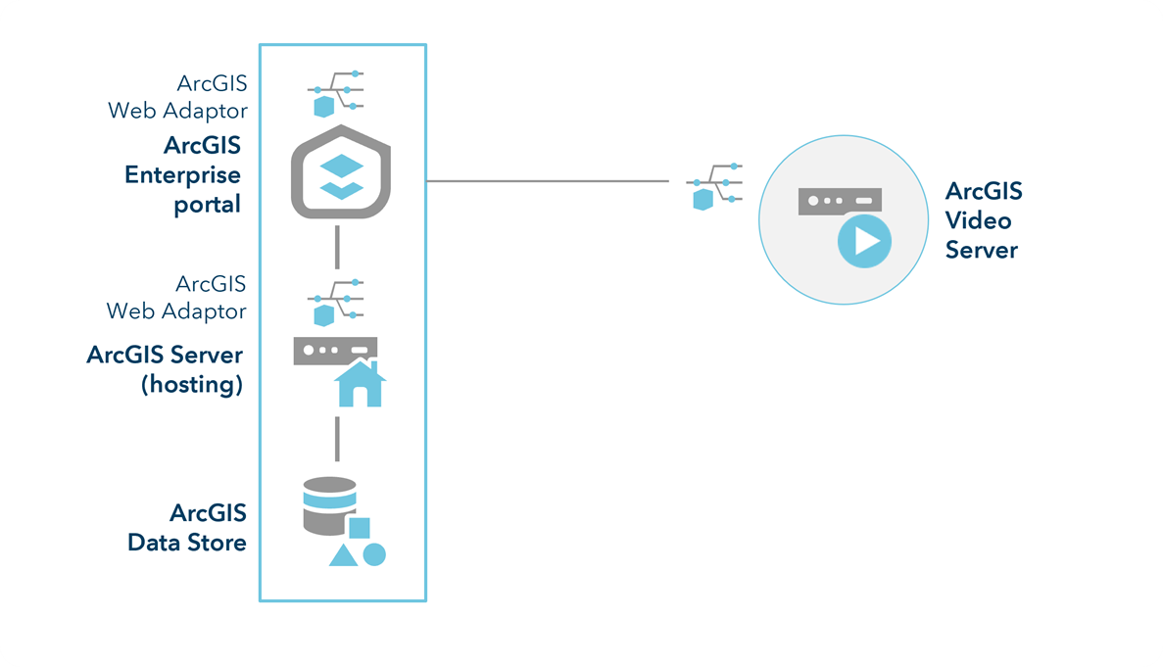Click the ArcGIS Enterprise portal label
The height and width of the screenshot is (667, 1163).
[x=184, y=175]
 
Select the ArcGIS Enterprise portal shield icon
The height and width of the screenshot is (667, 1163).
[x=342, y=173]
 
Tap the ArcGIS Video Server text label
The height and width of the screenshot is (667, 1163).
[x=983, y=220]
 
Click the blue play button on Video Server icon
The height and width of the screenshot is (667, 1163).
[x=863, y=240]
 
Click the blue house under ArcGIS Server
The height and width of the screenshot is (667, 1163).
[x=360, y=384]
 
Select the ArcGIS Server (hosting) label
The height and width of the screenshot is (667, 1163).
[x=165, y=368]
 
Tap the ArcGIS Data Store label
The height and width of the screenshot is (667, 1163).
[x=187, y=527]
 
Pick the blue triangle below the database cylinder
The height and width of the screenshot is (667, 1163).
[x=342, y=556]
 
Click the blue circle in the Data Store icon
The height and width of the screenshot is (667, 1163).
[x=373, y=554]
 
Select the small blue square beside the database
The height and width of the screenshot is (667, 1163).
[x=360, y=528]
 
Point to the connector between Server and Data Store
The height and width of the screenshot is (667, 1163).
[x=337, y=438]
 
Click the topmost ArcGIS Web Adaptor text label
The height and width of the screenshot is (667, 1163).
[x=178, y=96]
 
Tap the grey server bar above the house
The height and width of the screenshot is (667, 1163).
[x=335, y=350]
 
